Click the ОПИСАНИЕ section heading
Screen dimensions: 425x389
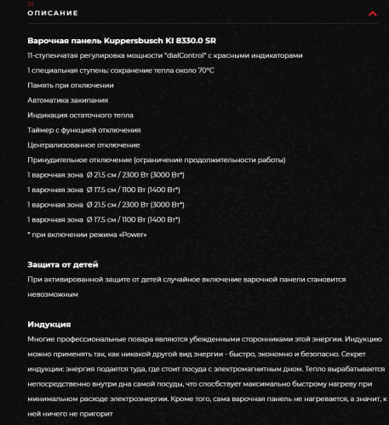pos(53,14)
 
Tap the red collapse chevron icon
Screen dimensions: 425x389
pos(372,14)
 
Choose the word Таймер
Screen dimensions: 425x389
pos(42,130)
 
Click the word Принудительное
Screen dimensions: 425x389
pos(60,160)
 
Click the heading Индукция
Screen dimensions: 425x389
pos(49,325)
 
